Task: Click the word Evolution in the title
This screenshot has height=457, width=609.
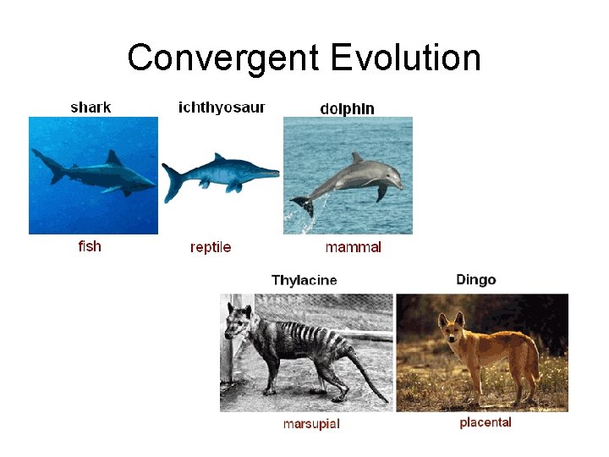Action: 407,58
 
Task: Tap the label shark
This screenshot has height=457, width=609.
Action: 91,107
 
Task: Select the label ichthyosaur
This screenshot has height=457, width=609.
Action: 222,107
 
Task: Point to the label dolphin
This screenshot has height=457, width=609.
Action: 347,108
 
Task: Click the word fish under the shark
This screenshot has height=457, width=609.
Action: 90,246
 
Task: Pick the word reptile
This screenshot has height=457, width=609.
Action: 211,247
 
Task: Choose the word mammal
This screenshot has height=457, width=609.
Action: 353,247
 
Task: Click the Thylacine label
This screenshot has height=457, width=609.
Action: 304,280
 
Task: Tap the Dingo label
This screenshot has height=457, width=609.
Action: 476,279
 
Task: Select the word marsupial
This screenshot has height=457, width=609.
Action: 311,423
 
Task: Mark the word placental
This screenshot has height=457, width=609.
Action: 486,422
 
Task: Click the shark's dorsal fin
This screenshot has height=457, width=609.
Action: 112,158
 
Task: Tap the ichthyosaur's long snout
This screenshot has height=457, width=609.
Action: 264,173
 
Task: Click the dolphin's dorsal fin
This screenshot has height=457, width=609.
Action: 357,158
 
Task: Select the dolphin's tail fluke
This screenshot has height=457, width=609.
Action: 300,204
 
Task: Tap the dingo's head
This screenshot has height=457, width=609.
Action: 448,326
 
